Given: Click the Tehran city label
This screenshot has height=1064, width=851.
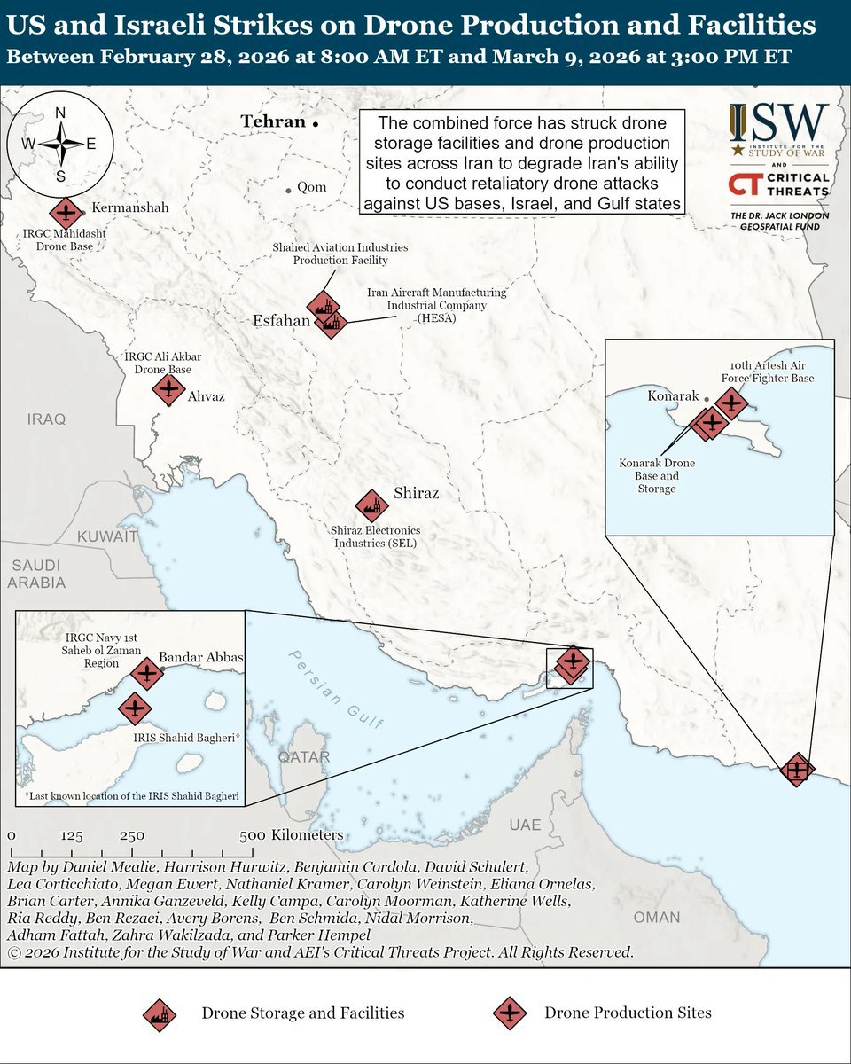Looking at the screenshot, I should tap(273, 121).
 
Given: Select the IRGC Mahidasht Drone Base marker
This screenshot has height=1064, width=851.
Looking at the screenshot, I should tap(63, 213).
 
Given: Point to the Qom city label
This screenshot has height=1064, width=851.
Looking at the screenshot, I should tap(311, 188).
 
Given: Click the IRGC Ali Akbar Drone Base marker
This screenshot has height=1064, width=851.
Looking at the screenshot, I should tap(168, 389).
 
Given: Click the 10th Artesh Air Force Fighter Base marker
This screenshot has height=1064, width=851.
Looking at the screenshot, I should tap(730, 403).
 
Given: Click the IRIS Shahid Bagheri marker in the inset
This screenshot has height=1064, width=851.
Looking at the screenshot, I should tap(135, 708).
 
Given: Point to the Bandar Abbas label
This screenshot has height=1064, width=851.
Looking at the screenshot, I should tap(200, 659).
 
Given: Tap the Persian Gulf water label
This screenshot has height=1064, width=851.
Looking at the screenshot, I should tap(338, 688).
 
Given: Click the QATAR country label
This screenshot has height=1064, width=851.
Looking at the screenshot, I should tap(303, 757).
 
